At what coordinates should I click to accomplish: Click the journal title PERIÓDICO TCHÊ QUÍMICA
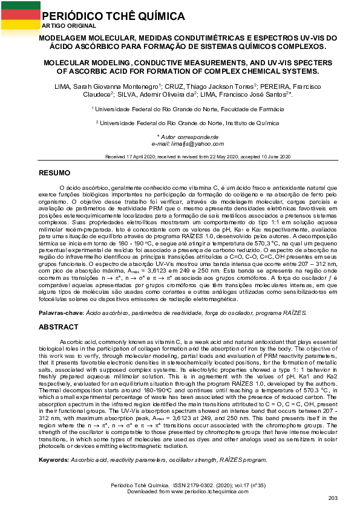pyautogui.click(x=113, y=16)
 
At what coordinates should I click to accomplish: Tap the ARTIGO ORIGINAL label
pyautogui.click(x=69, y=25)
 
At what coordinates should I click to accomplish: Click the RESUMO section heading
pyautogui.click(x=54, y=173)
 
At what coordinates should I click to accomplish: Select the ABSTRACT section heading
pyautogui.click(x=58, y=326)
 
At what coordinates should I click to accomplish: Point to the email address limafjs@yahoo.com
pyautogui.click(x=180, y=144)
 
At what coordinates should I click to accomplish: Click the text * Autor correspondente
pyautogui.click(x=180, y=137)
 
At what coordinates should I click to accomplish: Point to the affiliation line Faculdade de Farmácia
pyautogui.click(x=180, y=109)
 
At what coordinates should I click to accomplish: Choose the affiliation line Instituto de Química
pyautogui.click(x=180, y=122)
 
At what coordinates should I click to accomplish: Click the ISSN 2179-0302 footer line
pyautogui.click(x=180, y=485)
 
